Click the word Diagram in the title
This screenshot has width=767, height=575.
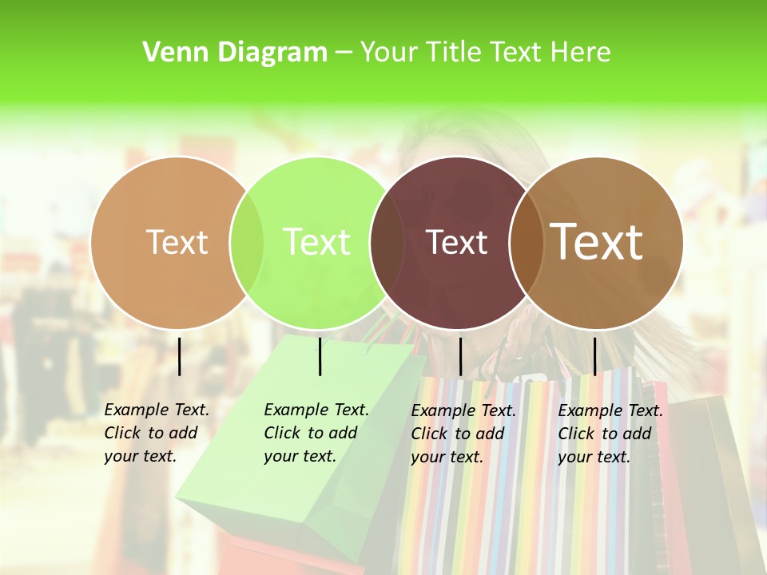(272, 53)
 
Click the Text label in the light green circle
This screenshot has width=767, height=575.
(316, 242)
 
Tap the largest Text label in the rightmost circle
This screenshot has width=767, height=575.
(597, 242)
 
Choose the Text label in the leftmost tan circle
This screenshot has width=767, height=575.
(177, 242)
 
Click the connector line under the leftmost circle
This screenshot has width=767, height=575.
(179, 356)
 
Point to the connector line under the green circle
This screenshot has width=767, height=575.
(320, 356)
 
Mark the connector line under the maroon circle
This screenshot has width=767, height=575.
(460, 356)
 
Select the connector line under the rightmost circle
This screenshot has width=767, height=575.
(594, 356)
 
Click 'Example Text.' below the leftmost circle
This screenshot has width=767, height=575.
(157, 410)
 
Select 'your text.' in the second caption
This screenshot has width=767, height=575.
(300, 456)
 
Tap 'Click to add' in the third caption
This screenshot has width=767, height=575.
(457, 434)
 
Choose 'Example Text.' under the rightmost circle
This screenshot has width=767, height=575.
(610, 410)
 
